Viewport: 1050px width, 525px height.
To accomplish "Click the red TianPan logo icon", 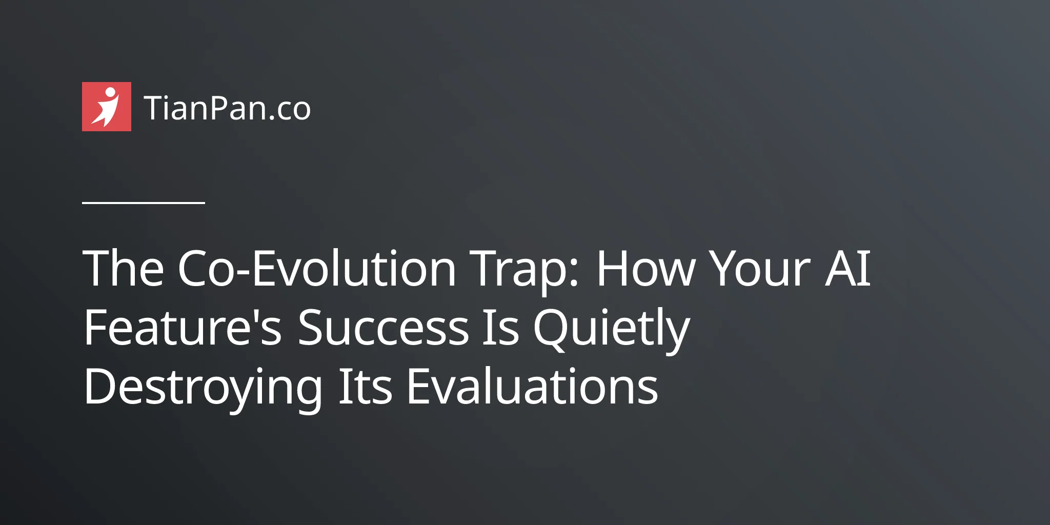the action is click(107, 107).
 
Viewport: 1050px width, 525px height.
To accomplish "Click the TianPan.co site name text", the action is click(227, 108).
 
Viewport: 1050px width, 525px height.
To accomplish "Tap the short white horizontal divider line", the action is click(144, 203).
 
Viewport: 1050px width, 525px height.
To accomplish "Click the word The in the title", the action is click(124, 268).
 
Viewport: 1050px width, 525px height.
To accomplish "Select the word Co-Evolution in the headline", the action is click(316, 268).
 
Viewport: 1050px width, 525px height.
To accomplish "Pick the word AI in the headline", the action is click(847, 268).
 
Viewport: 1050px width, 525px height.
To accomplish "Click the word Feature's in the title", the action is click(183, 327).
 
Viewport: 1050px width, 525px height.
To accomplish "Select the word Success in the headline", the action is click(383, 327).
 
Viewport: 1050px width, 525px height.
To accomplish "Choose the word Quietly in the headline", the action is click(612, 331).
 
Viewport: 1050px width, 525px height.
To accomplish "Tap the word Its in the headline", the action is click(365, 386).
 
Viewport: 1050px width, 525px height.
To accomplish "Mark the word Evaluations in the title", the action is click(532, 386).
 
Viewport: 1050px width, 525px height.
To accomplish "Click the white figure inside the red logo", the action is click(106, 107).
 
